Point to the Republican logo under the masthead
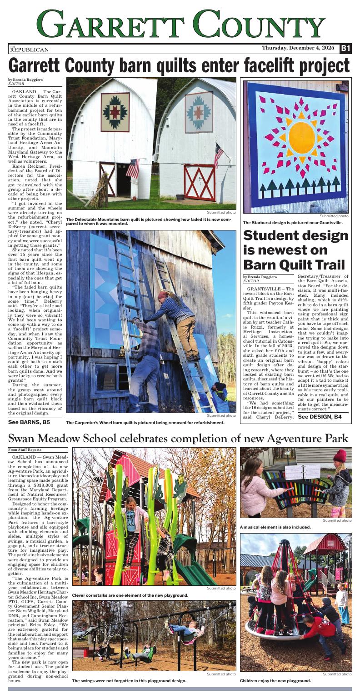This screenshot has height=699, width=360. pyautogui.click(x=29, y=49)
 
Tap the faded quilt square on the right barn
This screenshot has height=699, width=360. pyautogui.click(x=199, y=112)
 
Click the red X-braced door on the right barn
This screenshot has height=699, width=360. pyautogui.click(x=200, y=182)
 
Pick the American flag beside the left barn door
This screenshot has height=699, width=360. pyautogui.click(x=133, y=168)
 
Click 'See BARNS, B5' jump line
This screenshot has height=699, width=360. pyautogui.click(x=29, y=422)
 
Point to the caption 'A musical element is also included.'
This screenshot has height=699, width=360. pyautogui.click(x=275, y=527)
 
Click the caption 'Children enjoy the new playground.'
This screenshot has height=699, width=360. pyautogui.click(x=275, y=680)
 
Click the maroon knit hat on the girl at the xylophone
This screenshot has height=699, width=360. pyautogui.click(x=339, y=456)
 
